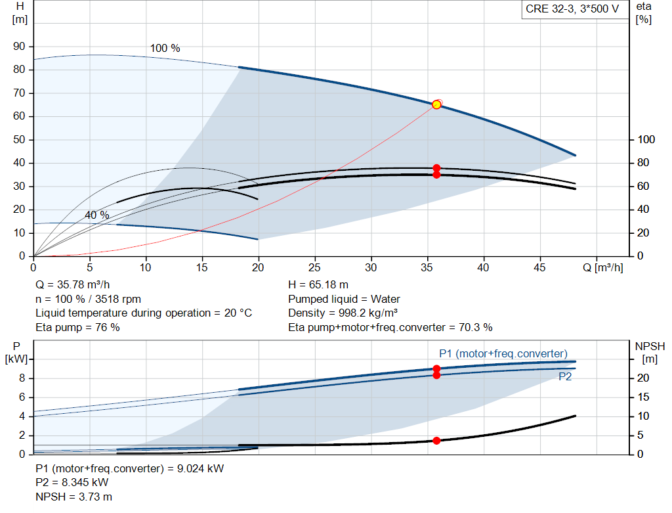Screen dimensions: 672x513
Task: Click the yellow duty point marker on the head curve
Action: [x=436, y=104]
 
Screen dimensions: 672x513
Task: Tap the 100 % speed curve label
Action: [x=165, y=48]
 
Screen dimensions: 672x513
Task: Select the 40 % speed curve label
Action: [x=97, y=215]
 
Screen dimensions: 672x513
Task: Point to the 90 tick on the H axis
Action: [x=19, y=47]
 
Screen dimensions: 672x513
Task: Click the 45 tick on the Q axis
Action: [x=539, y=267]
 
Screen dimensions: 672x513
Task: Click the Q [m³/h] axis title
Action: [x=602, y=267]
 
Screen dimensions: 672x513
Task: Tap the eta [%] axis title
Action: [x=644, y=13]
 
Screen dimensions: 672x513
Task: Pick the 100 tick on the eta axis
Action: [x=646, y=139]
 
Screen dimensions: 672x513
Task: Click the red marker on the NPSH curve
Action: [x=436, y=441]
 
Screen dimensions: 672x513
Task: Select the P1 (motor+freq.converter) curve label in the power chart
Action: [x=503, y=353]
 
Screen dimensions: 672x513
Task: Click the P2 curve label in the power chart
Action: [x=565, y=376]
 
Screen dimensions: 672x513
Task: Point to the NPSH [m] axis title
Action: [x=650, y=353]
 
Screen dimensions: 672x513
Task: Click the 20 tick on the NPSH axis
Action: [x=643, y=378]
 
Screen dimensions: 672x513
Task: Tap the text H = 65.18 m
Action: [x=318, y=285]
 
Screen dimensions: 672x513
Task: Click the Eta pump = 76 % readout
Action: [x=77, y=327]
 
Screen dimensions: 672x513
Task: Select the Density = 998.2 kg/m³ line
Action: [x=343, y=313]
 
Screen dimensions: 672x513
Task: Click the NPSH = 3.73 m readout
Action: [x=73, y=497]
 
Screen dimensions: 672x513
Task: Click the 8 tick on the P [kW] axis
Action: [x=22, y=378]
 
